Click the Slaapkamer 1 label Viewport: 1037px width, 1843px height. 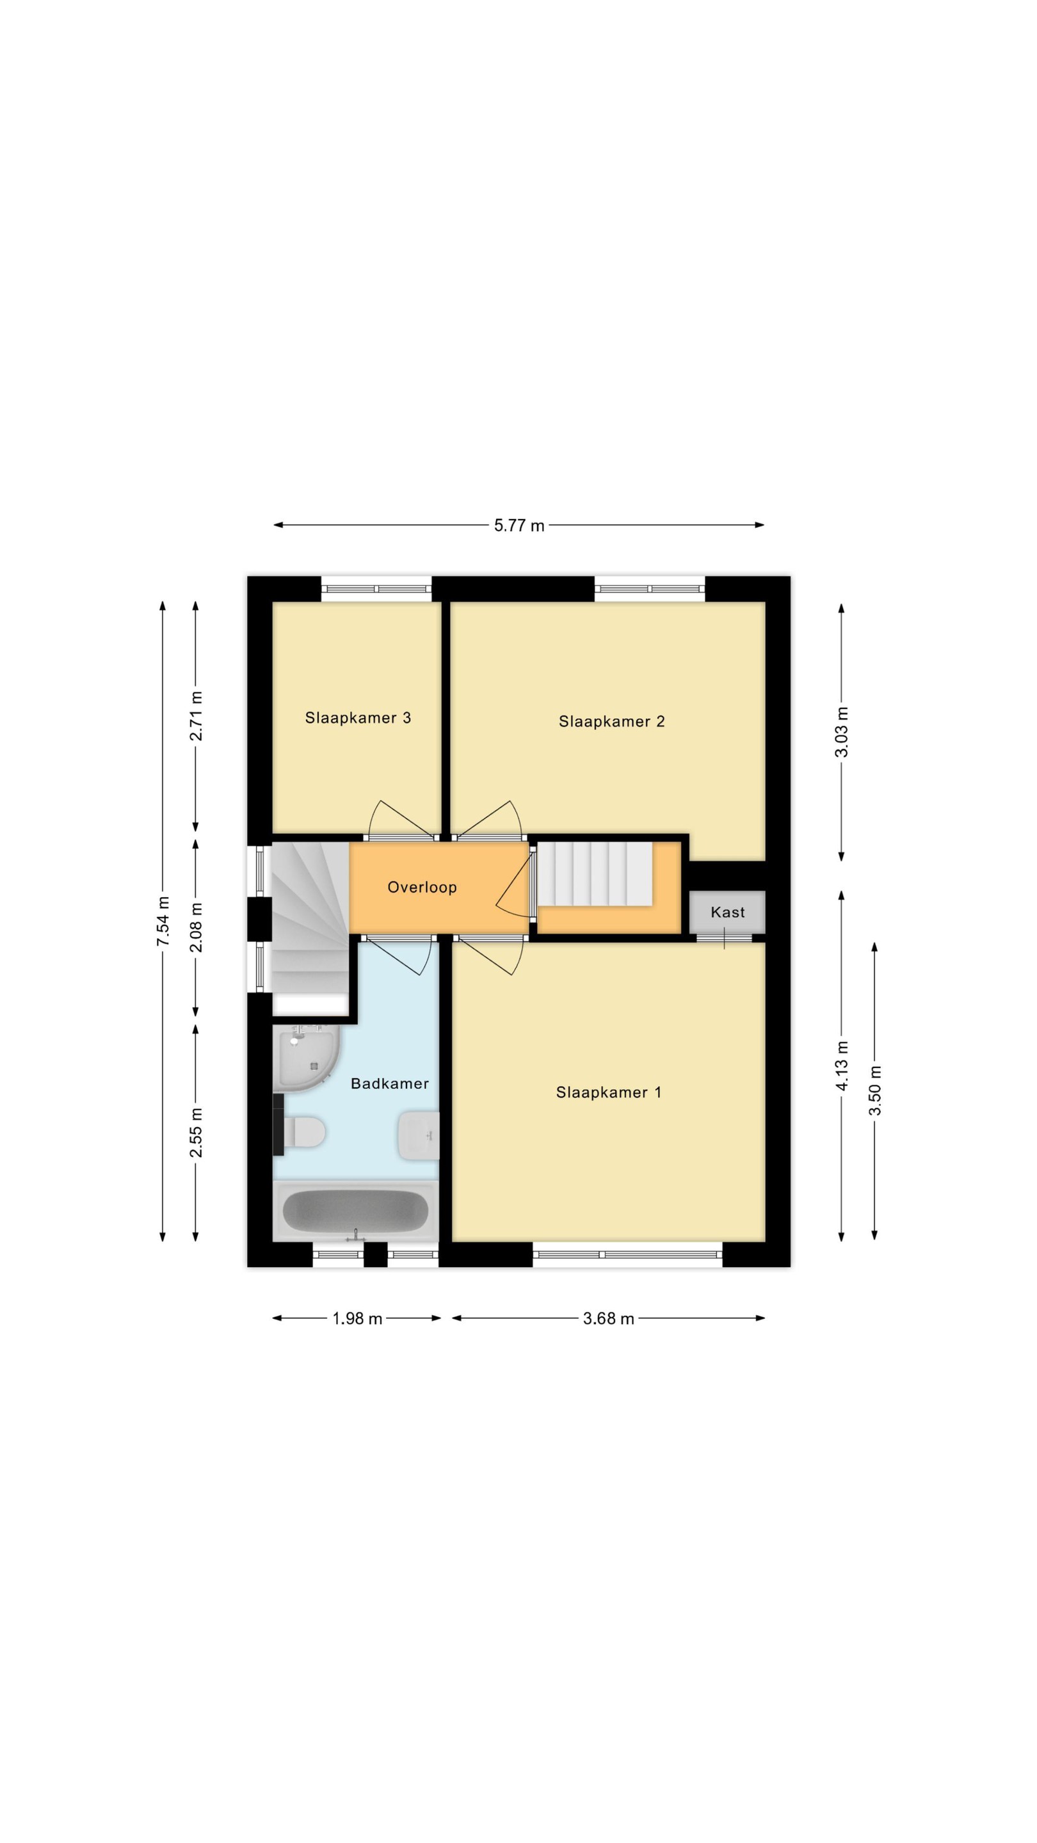[608, 1092]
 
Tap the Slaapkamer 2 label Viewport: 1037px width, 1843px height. [611, 721]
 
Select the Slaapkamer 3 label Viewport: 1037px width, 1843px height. [358, 717]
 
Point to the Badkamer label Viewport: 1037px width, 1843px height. [389, 1083]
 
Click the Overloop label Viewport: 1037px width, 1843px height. [422, 887]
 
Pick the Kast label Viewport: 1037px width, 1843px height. [727, 912]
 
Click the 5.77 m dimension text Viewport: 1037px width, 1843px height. [519, 526]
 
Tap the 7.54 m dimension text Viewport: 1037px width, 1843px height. [163, 921]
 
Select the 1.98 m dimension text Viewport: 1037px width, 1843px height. [357, 1318]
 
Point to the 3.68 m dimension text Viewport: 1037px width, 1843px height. [608, 1318]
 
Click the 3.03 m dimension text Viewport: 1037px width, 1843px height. [842, 732]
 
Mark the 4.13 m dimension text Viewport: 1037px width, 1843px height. [842, 1066]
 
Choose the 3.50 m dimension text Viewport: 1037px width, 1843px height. [874, 1090]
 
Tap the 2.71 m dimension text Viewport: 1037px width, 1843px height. [196, 716]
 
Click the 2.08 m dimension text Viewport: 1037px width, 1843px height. [196, 927]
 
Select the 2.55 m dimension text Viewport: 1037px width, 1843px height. [196, 1133]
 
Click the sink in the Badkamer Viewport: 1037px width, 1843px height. [419, 1135]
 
